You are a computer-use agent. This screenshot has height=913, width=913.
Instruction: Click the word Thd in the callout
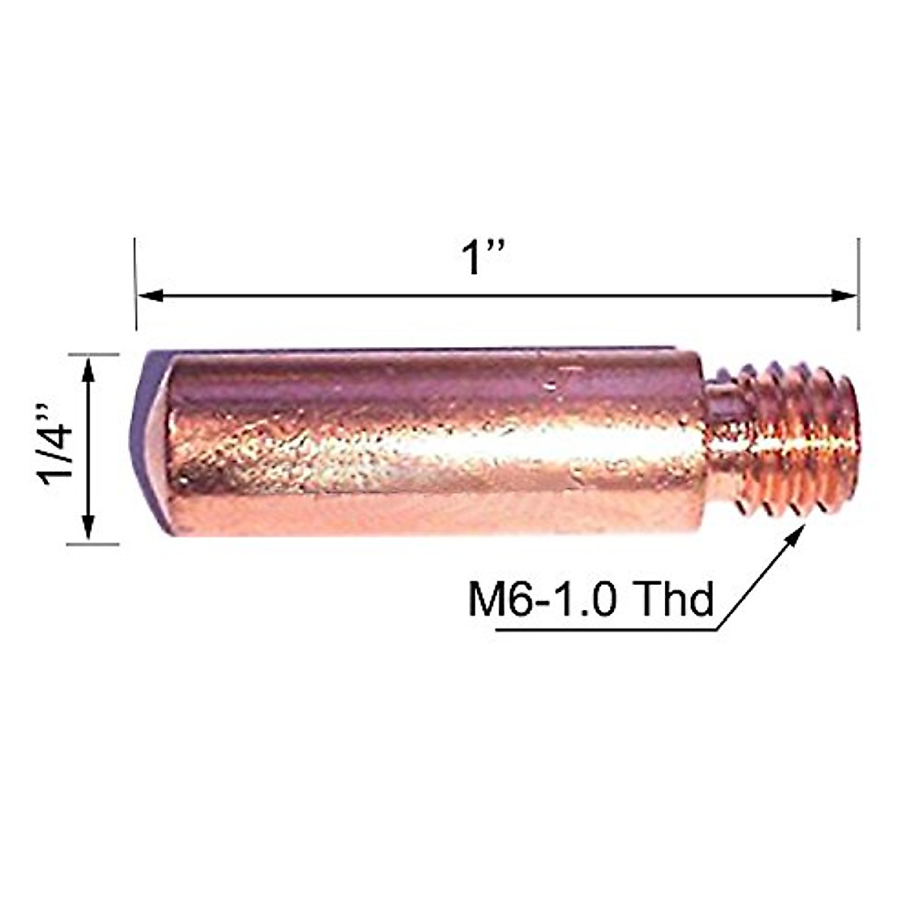tap(674, 600)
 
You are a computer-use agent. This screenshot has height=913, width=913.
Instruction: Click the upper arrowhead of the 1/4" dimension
tap(88, 370)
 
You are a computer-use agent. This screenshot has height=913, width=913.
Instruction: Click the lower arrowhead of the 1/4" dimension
tap(88, 528)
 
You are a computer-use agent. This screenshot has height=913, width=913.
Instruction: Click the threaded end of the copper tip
tap(799, 441)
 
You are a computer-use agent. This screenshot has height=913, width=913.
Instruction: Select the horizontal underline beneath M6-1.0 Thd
tap(609, 630)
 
